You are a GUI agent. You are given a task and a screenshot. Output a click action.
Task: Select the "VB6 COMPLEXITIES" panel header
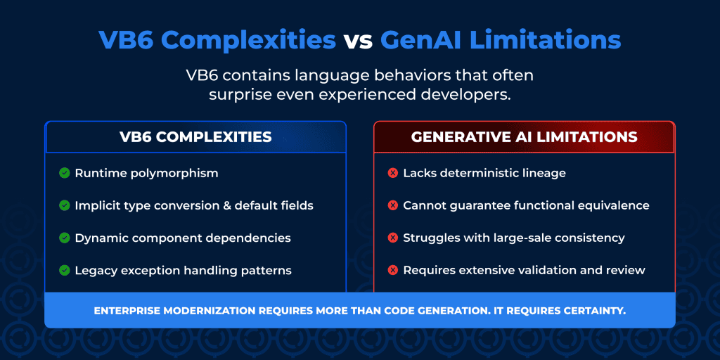point(195,137)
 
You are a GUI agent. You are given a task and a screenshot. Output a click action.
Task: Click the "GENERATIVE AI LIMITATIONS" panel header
point(524,137)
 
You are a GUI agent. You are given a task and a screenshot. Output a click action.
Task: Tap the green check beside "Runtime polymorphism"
point(64,173)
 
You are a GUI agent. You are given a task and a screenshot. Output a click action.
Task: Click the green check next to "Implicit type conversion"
point(64,205)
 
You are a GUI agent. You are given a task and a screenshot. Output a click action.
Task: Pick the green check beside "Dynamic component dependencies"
point(64,238)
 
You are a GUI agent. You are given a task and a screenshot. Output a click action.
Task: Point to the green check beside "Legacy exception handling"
point(64,271)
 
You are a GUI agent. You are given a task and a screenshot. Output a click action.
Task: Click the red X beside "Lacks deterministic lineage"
point(392,173)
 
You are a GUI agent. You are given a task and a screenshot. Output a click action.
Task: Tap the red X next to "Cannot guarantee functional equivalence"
point(392,205)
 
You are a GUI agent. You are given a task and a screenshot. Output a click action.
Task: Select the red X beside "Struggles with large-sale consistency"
point(392,238)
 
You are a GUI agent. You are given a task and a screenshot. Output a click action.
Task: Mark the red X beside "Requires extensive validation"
point(392,271)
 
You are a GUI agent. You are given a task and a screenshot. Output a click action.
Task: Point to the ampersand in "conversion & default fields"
point(226,205)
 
